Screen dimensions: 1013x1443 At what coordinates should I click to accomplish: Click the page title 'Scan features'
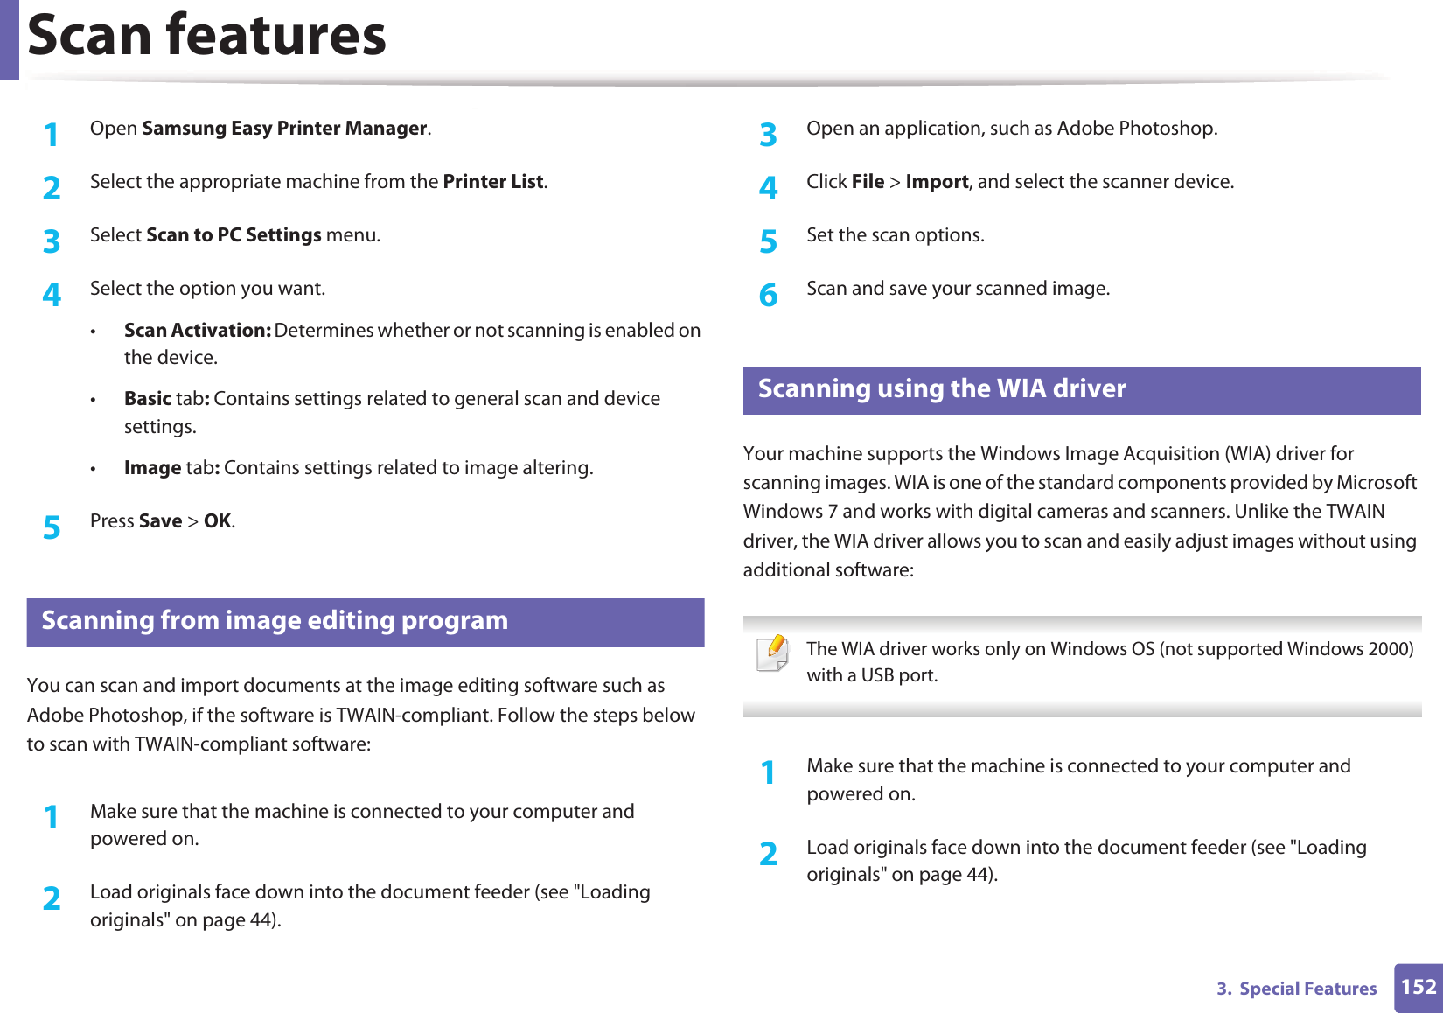[207, 36]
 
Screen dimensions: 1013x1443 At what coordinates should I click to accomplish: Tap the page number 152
[1418, 988]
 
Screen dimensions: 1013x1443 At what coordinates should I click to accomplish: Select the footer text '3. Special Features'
[1297, 989]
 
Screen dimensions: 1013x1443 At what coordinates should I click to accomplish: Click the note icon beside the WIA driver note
[773, 653]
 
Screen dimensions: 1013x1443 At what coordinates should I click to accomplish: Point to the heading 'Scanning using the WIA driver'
[942, 388]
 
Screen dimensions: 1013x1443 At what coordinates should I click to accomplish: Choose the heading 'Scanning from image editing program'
[275, 620]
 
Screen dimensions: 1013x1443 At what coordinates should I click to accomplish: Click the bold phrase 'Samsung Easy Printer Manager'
[284, 129]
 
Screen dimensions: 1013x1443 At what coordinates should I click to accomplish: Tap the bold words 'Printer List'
[493, 182]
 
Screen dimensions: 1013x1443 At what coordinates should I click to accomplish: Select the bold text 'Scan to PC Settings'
[234, 235]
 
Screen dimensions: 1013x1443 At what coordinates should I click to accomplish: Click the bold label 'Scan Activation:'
[197, 331]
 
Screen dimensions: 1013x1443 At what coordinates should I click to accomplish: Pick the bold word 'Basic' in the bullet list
[147, 399]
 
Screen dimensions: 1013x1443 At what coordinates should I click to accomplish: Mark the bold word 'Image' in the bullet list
[152, 468]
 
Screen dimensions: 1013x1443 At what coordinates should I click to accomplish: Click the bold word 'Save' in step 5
[160, 521]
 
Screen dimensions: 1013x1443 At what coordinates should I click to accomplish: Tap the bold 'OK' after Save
[218, 521]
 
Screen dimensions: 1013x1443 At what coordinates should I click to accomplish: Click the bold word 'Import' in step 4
[937, 182]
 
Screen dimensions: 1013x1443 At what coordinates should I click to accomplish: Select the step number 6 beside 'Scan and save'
[768, 296]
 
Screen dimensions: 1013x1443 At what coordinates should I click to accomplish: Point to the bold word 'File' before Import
[868, 182]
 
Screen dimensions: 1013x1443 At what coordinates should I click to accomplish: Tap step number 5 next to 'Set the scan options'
[768, 241]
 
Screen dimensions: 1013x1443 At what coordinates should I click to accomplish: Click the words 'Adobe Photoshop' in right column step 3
[1136, 129]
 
